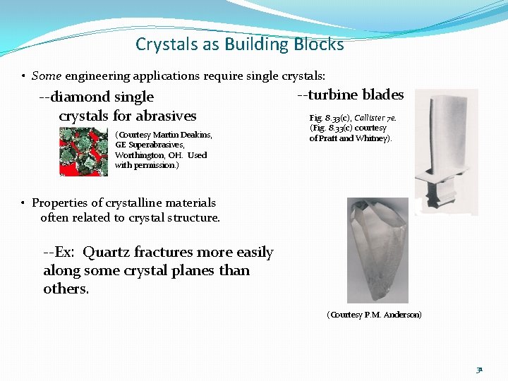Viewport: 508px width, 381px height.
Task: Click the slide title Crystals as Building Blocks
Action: point(240,44)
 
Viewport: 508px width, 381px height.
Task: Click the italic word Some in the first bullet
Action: point(47,75)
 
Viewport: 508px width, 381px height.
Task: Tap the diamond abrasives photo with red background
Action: point(83,151)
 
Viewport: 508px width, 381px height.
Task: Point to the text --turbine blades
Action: point(351,95)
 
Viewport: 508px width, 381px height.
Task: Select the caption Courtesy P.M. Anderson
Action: point(374,314)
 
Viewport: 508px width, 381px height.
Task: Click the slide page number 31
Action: point(479,368)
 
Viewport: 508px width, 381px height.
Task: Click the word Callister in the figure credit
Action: point(370,119)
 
